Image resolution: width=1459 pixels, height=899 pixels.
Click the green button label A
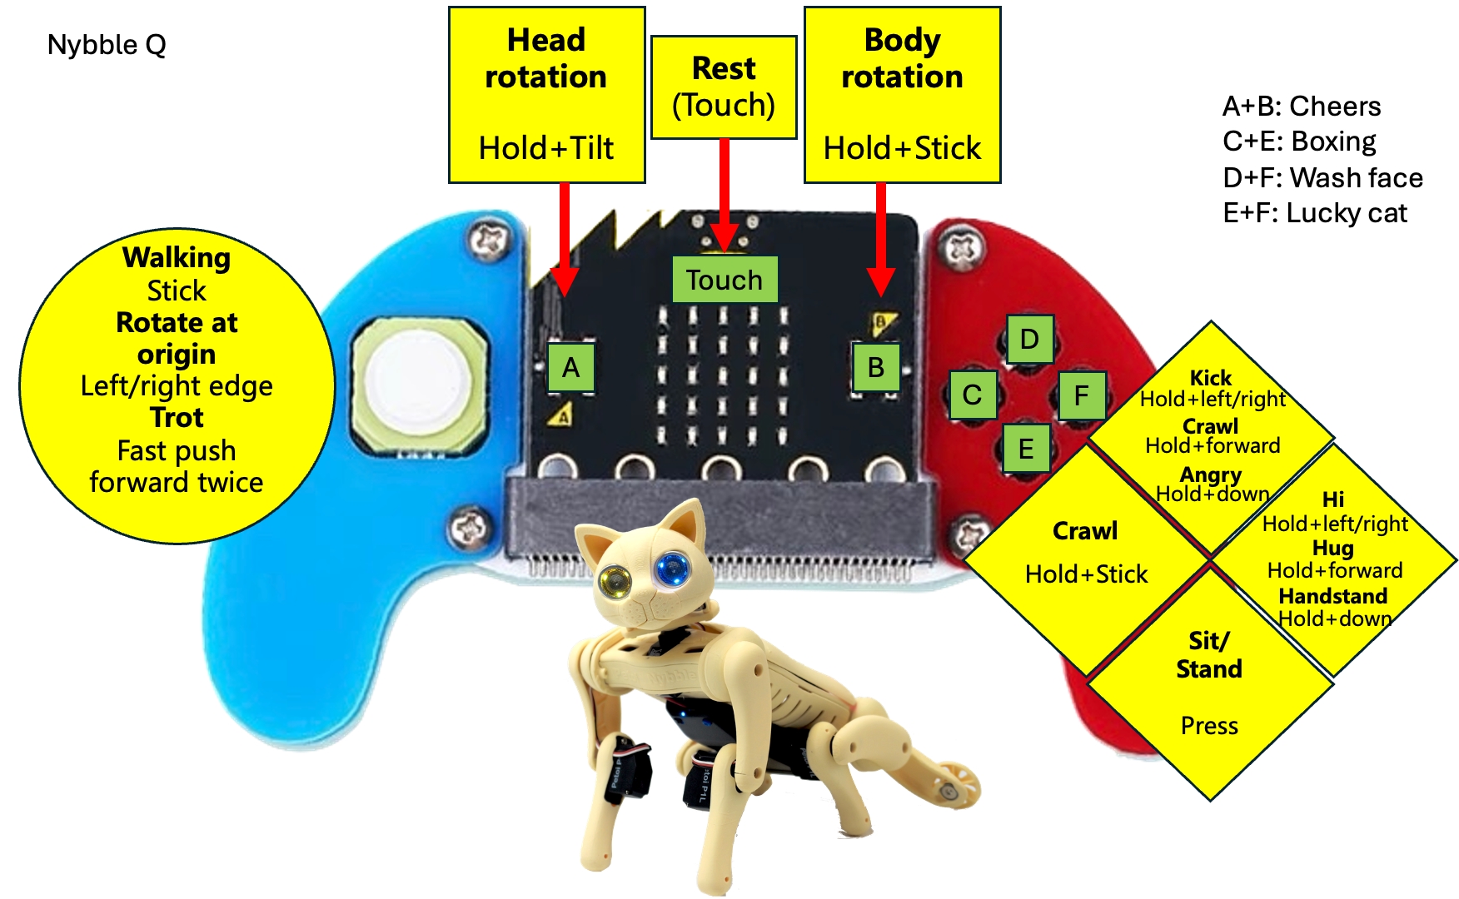(x=570, y=367)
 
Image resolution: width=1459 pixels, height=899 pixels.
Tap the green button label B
(x=875, y=367)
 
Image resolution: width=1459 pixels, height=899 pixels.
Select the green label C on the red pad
(x=972, y=395)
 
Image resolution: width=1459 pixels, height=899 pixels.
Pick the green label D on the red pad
(x=1029, y=339)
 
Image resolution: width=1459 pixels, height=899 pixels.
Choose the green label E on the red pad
(x=1026, y=449)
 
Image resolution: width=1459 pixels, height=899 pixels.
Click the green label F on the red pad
(x=1081, y=395)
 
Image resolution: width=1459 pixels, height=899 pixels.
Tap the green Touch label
(x=725, y=280)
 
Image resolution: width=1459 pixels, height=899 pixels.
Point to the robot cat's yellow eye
(x=615, y=580)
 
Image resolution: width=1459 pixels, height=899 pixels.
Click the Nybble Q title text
(x=107, y=44)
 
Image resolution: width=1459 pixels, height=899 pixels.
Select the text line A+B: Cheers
(x=1301, y=107)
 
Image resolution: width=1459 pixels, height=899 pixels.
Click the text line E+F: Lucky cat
(x=1314, y=213)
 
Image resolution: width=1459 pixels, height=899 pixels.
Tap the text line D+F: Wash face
(x=1322, y=177)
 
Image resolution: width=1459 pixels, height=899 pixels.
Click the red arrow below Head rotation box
(x=565, y=238)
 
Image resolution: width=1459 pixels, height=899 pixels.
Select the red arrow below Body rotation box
(x=880, y=238)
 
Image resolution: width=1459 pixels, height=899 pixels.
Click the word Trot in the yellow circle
(x=177, y=417)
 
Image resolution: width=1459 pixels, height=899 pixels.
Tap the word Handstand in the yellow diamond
(x=1332, y=596)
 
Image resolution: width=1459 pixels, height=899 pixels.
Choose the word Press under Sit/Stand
(x=1209, y=726)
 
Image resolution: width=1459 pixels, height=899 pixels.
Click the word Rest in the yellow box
(x=724, y=68)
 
